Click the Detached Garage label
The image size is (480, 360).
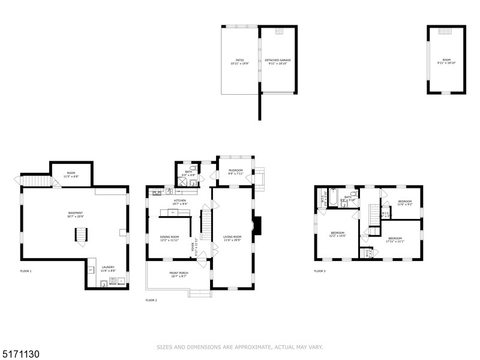[x=277, y=62]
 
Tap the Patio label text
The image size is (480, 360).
[x=239, y=62]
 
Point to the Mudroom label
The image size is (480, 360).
[x=235, y=172]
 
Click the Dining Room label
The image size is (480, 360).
[x=169, y=239]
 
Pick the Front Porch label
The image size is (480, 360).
[x=179, y=275]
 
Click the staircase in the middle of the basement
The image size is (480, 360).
[x=80, y=235]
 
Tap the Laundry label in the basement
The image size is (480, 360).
[x=108, y=269]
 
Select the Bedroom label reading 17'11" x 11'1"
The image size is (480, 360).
[x=395, y=240]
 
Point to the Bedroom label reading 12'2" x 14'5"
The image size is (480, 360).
[x=338, y=235]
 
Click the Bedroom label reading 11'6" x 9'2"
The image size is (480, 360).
[x=404, y=203]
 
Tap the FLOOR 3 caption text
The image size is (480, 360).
[x=320, y=271]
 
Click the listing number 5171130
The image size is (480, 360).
[x=22, y=355]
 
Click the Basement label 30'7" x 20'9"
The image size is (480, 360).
[x=75, y=214]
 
